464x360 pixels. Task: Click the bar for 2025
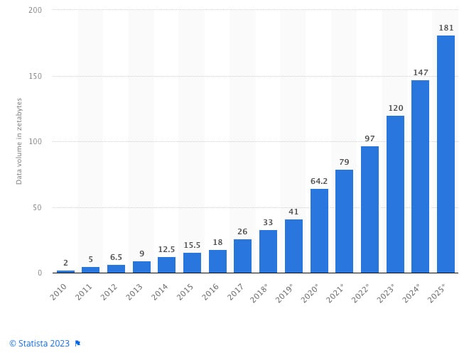pyautogui.click(x=446, y=154)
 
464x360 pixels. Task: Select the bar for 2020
pyautogui.click(x=319, y=231)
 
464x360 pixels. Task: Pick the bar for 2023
pyautogui.click(x=395, y=194)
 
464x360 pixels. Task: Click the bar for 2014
pyautogui.click(x=167, y=265)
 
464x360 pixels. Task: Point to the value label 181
pyautogui.click(x=446, y=28)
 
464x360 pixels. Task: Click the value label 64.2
pyautogui.click(x=319, y=182)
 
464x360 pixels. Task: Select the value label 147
pyautogui.click(x=420, y=72)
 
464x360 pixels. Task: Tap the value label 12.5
pyautogui.click(x=167, y=249)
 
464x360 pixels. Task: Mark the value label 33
pyautogui.click(x=268, y=222)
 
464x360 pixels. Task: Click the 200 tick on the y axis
pyautogui.click(x=35, y=11)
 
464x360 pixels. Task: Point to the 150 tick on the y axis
pyautogui.click(x=35, y=76)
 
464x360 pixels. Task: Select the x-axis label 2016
pyautogui.click(x=216, y=290)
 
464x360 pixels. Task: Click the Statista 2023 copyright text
pyautogui.click(x=39, y=343)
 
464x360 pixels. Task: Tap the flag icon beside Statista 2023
pyautogui.click(x=77, y=343)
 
